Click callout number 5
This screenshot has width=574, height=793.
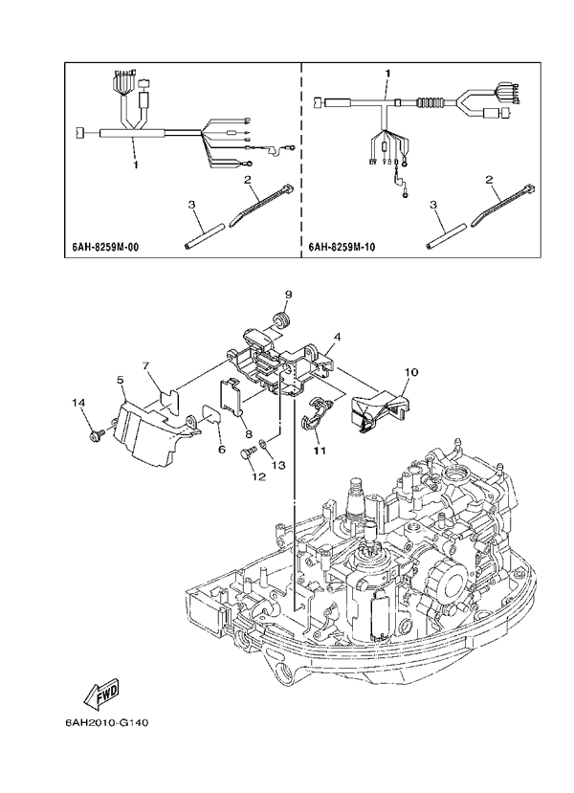tap(121, 381)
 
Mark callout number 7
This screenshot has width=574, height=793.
tap(147, 365)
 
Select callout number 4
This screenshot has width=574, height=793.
tap(338, 338)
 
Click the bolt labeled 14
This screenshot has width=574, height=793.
tap(96, 437)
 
